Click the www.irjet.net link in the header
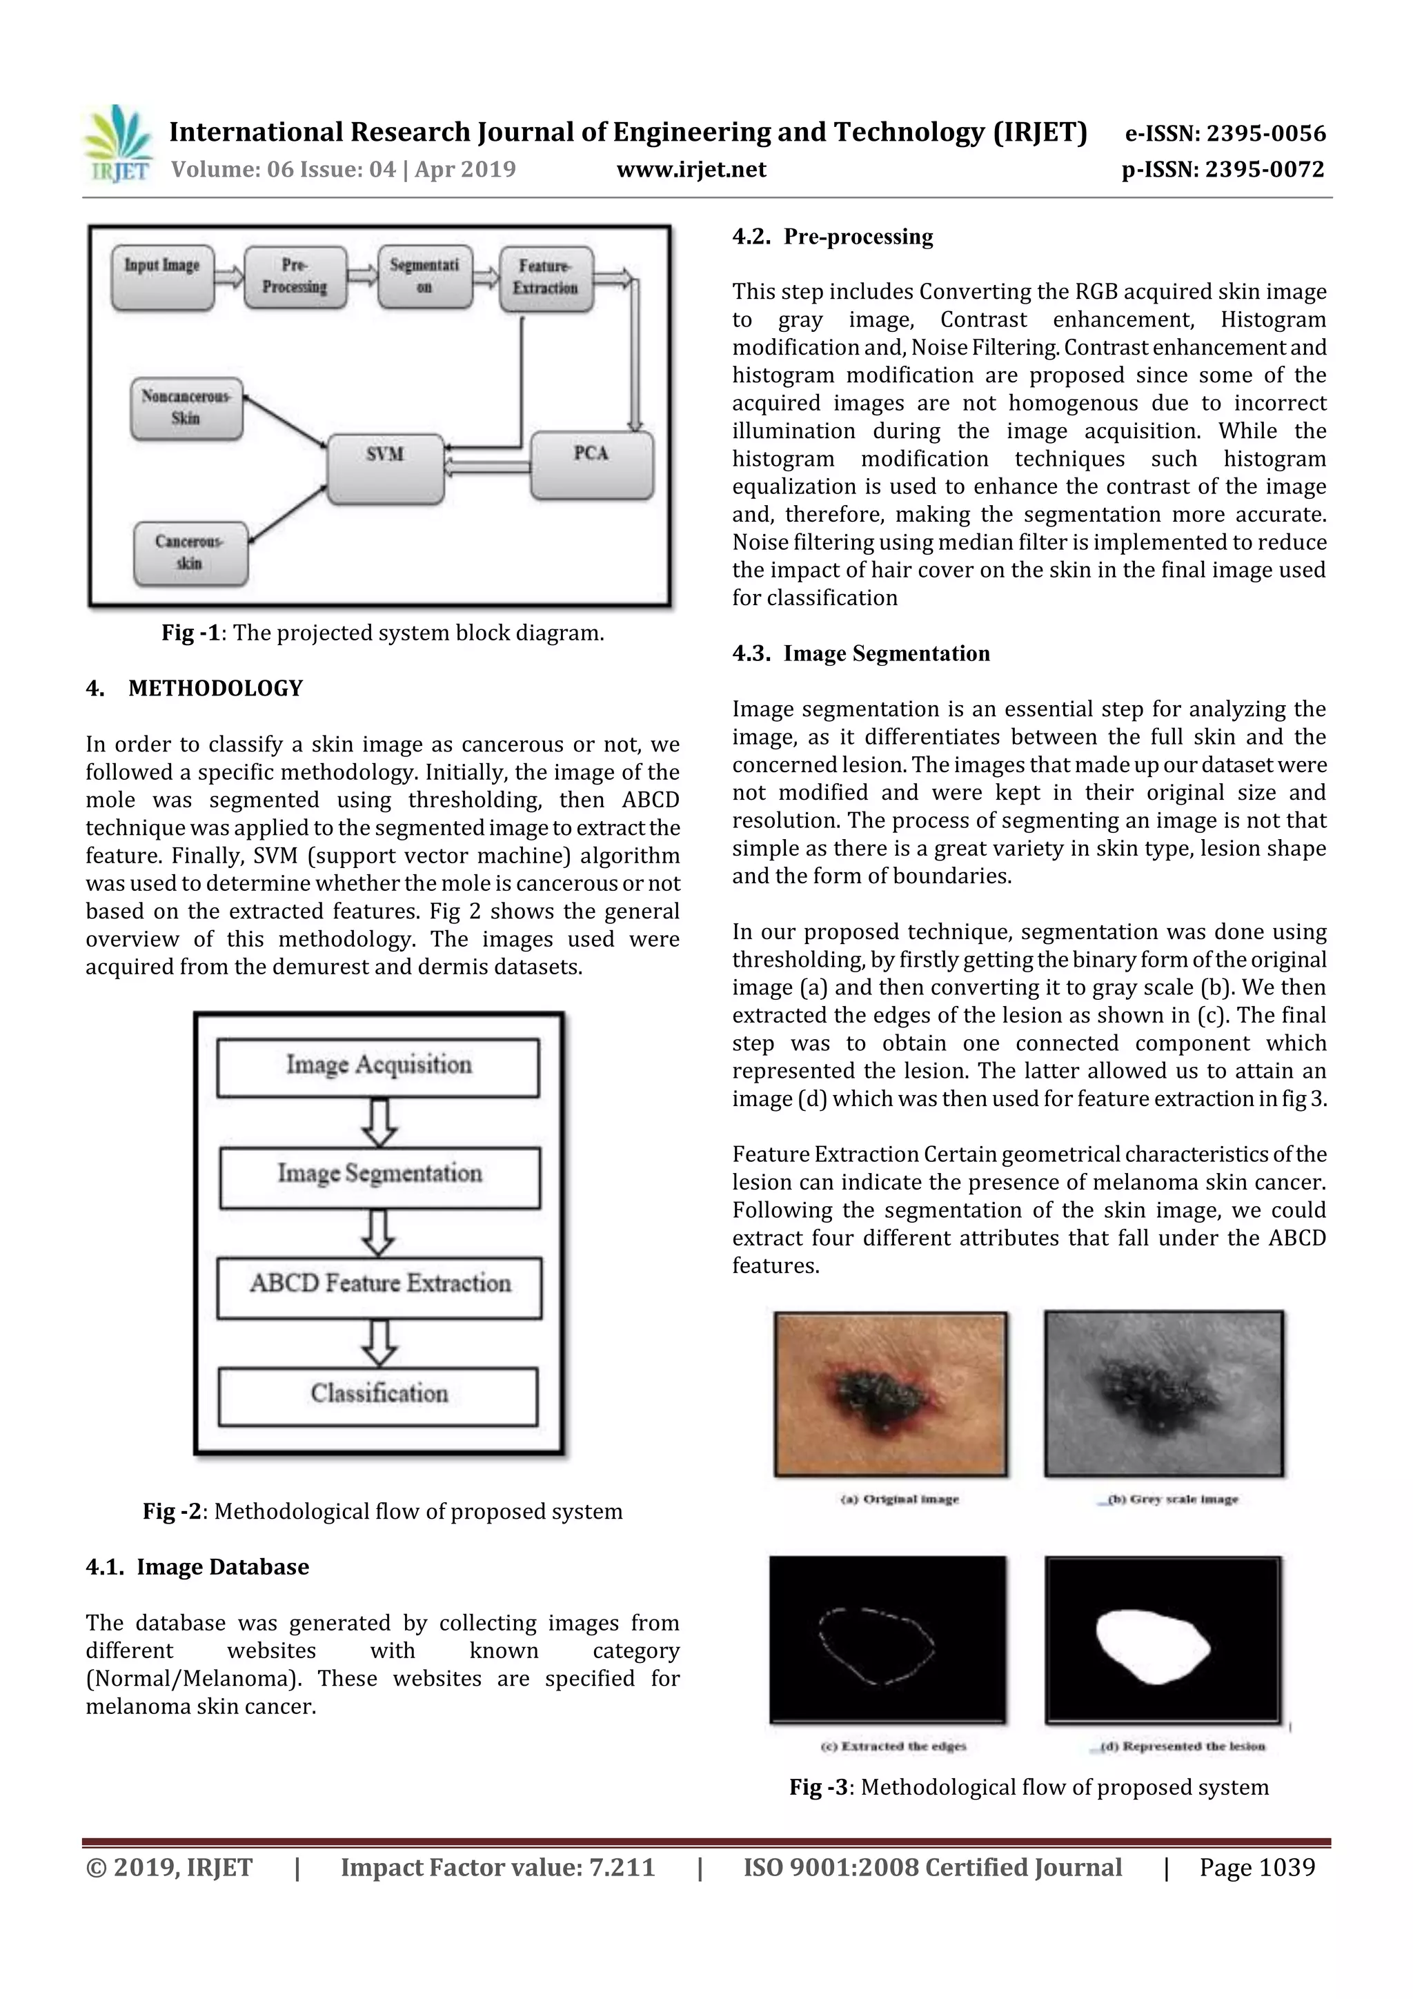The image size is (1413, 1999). (691, 169)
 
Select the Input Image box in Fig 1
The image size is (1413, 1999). (163, 277)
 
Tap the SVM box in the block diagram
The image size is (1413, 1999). (385, 469)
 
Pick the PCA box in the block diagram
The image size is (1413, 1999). (591, 465)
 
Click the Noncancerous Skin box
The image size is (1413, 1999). (186, 408)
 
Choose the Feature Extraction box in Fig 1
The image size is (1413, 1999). (545, 279)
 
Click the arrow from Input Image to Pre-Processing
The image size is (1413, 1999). (229, 277)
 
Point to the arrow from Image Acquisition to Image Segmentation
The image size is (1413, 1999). (378, 1122)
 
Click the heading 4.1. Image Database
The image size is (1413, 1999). (197, 1567)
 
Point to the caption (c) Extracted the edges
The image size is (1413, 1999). (893, 1746)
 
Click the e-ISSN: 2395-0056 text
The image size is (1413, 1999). (1225, 133)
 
